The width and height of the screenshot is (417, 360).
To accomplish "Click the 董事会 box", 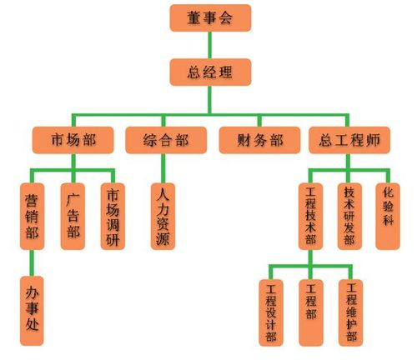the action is [x=210, y=17].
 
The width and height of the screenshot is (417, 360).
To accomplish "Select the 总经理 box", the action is [x=210, y=72].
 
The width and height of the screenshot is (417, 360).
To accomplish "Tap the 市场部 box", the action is [x=73, y=140].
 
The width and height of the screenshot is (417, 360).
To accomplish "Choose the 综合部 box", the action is [x=166, y=140].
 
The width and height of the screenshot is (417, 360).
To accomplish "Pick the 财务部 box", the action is [x=259, y=140].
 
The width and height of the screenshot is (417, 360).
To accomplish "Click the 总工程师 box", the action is [x=349, y=140].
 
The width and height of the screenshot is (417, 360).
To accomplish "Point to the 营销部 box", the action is [x=32, y=216].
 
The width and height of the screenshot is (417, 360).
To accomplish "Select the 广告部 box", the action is [x=73, y=216].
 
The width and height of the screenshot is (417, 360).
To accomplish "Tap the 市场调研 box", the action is [x=113, y=216].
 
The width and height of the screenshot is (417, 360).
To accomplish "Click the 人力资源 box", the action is [x=163, y=216].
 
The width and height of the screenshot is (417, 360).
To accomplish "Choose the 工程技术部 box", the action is [x=310, y=216].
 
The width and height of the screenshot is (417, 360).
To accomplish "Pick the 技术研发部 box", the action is [x=349, y=216].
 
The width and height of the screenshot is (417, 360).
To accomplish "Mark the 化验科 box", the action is [x=388, y=216].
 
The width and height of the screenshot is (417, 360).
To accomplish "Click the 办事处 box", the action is [x=32, y=311].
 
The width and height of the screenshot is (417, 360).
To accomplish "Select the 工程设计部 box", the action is [x=271, y=312].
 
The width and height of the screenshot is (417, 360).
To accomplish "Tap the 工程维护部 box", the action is [x=351, y=312].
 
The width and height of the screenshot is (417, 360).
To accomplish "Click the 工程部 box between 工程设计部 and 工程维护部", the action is [x=311, y=312].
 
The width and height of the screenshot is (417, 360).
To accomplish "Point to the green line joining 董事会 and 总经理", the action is [x=210, y=45].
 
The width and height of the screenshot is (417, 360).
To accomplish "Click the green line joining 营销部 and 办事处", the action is [x=32, y=262].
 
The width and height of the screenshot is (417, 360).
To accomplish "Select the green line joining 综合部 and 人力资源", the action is [x=163, y=168].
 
